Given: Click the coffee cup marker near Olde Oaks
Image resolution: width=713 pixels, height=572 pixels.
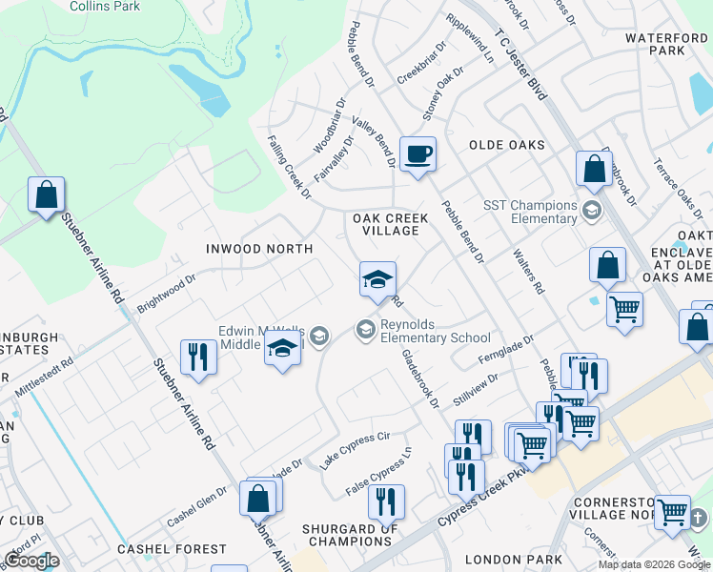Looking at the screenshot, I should (x=417, y=153).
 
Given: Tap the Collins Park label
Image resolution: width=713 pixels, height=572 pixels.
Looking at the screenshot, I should (x=104, y=6).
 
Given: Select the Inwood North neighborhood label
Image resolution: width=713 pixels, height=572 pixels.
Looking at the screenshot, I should (x=259, y=249).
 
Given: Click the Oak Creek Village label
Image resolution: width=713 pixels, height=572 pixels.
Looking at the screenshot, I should (x=386, y=224).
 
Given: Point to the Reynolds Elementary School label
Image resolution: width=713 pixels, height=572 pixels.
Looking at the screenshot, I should (x=435, y=331).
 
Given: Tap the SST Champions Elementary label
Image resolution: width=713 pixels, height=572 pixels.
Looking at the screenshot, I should (x=530, y=212).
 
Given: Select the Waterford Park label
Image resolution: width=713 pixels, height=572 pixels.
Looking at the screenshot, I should (x=668, y=44).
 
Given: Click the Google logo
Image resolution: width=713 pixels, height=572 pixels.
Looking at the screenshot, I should (x=31, y=561).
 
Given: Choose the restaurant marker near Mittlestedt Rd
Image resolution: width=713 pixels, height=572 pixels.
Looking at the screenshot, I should (x=198, y=357).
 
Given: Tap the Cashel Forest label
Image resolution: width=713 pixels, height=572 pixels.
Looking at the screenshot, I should (x=173, y=549).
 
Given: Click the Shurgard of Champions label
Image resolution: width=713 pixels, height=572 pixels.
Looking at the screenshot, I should (x=350, y=535).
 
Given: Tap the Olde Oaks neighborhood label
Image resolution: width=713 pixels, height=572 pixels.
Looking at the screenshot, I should (x=506, y=145).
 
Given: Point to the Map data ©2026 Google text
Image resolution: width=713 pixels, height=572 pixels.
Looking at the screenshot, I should (x=654, y=564).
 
